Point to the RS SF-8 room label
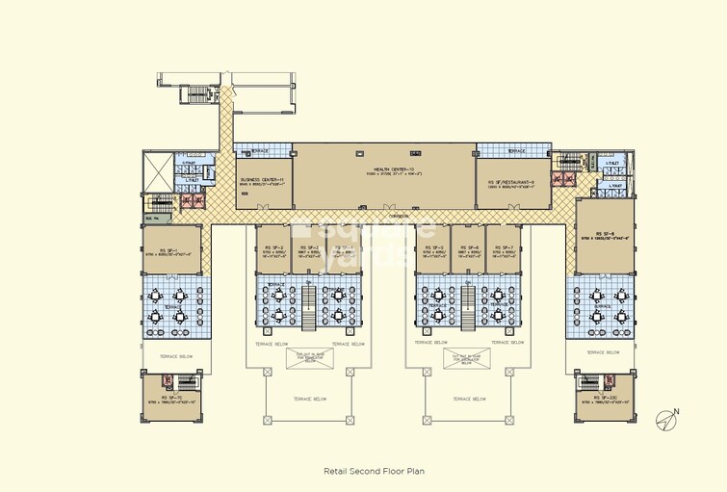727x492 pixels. tap(606, 233)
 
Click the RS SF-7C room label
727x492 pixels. tap(172, 398)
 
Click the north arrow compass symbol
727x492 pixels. tap(666, 417)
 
